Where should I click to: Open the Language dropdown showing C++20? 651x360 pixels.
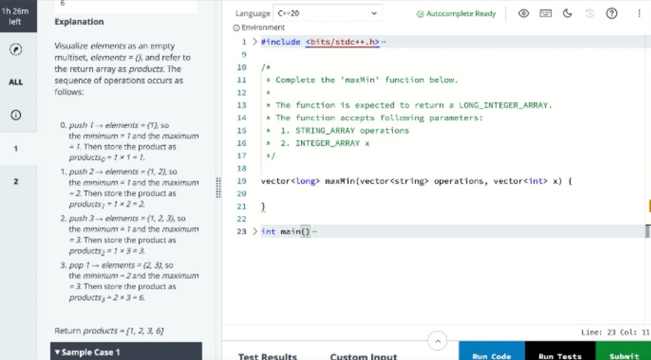click(327, 13)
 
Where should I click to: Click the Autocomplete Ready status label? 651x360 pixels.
click(456, 14)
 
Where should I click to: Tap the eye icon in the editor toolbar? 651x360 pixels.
click(524, 13)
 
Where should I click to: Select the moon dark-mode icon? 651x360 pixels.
click(567, 13)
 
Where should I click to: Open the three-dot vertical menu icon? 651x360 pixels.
click(639, 13)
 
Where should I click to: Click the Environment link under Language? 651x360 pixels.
click(259, 27)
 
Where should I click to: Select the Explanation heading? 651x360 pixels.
click(80, 21)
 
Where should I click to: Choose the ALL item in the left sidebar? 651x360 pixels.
click(15, 82)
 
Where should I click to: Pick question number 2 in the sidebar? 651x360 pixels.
click(16, 181)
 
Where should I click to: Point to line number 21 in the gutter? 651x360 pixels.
click(242, 206)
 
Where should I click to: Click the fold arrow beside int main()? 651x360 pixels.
click(255, 231)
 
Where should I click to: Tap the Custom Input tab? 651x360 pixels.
click(363, 356)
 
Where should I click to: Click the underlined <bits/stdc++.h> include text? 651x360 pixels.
click(342, 42)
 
